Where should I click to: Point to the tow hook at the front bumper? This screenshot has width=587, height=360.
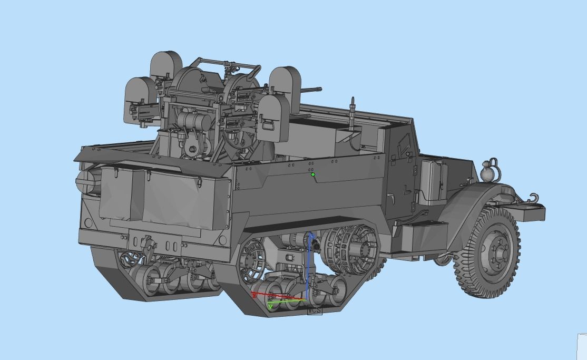[x=533, y=199]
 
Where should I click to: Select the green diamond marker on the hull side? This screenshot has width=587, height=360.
[x=313, y=174]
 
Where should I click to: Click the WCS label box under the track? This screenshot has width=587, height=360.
[x=314, y=310]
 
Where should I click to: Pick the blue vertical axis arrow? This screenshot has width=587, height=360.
[x=309, y=264]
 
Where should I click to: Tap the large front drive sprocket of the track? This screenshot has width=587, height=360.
[x=350, y=250]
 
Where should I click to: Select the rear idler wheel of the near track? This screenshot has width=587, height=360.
[x=251, y=260]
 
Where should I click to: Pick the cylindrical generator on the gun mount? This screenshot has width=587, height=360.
[x=193, y=121]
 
